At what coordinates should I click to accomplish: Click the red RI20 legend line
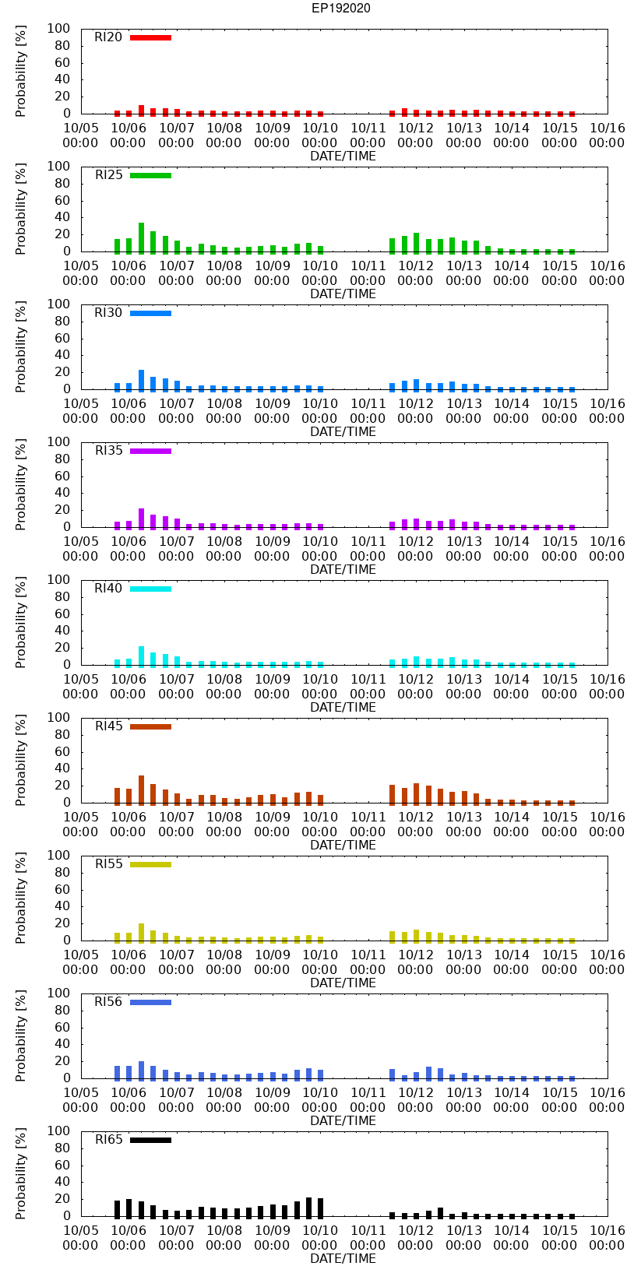click(150, 37)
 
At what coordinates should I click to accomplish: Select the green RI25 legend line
click(150, 175)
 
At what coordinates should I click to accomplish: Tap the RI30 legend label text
click(108, 313)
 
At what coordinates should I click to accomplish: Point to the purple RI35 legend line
click(150, 451)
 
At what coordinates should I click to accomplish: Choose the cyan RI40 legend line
click(150, 589)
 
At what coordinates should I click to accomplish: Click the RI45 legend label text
click(108, 726)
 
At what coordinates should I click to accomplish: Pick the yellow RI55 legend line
click(150, 864)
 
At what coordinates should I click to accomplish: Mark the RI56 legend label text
click(108, 1002)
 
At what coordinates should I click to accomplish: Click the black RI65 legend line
click(150, 1140)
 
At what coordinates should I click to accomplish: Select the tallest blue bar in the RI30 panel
click(141, 380)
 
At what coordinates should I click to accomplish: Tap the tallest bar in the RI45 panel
click(141, 789)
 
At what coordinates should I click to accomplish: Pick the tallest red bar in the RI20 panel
click(141, 110)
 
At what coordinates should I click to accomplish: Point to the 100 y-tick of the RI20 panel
click(59, 29)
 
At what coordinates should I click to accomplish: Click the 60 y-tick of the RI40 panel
click(62, 614)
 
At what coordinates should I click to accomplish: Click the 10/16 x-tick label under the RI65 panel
click(607, 1238)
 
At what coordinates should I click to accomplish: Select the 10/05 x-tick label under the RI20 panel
click(80, 135)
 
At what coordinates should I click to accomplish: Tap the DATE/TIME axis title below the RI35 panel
click(343, 570)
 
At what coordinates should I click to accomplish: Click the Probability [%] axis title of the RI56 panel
click(21, 1036)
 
